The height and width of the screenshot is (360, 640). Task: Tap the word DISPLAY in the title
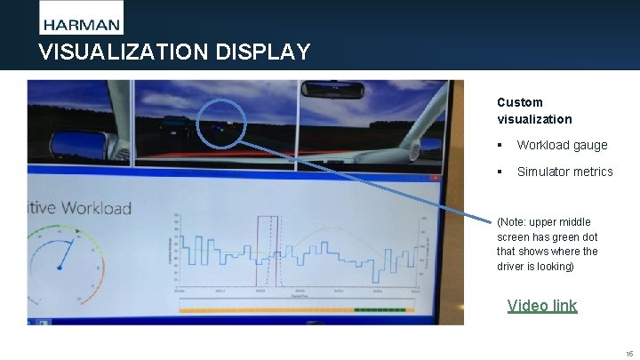[263, 52]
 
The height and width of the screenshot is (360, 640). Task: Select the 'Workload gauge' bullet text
[562, 145]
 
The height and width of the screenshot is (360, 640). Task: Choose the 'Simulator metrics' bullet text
[564, 172]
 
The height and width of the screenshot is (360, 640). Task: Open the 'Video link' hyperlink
[541, 306]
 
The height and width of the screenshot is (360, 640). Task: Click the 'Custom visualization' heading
[534, 110]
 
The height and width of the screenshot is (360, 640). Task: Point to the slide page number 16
[628, 353]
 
